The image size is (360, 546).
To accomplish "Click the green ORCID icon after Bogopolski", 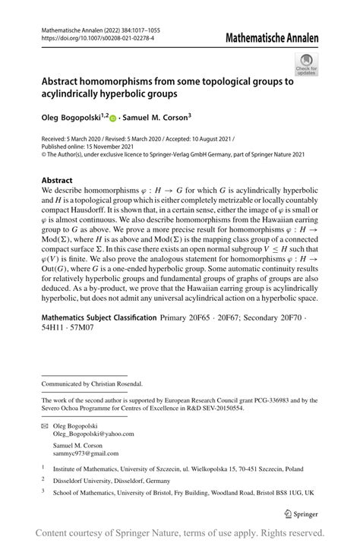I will (113, 118).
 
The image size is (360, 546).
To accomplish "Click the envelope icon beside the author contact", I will (46, 426).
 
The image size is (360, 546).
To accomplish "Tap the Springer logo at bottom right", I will (302, 513).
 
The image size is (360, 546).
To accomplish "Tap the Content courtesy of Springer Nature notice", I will (180, 532).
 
